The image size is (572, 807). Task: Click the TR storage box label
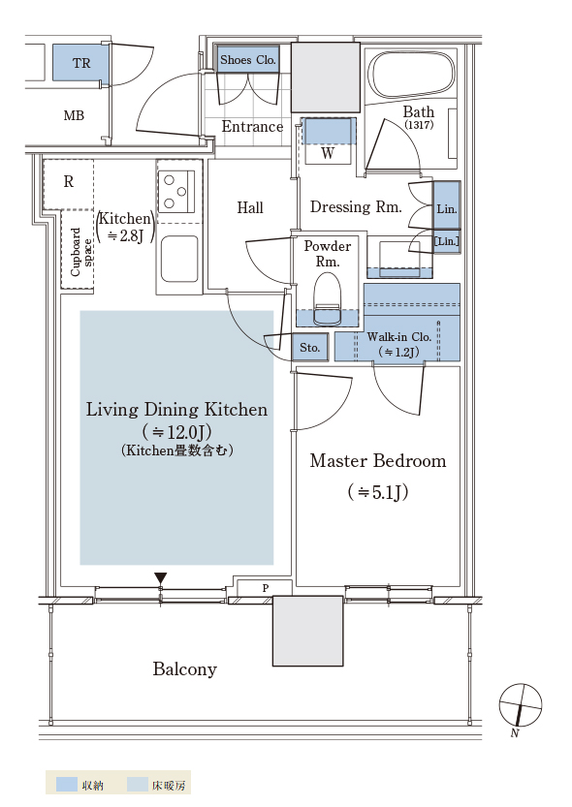point(81,63)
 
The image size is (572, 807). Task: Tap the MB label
point(74,116)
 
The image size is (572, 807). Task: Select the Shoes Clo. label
point(248,60)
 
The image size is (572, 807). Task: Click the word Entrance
point(252,126)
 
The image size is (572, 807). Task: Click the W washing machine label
point(328,153)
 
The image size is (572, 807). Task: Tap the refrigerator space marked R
point(69,182)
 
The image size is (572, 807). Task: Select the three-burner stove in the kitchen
point(176,192)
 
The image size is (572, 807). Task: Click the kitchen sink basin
point(179,259)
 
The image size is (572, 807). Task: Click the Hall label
point(250,208)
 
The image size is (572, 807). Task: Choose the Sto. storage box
point(310,348)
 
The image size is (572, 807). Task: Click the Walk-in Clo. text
point(399,337)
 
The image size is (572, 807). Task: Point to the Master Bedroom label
point(378,460)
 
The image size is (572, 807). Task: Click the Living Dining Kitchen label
point(176,410)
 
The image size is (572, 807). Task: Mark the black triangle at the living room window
point(161,578)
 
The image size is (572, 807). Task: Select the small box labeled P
point(265,588)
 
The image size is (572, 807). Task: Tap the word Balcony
point(185,669)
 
